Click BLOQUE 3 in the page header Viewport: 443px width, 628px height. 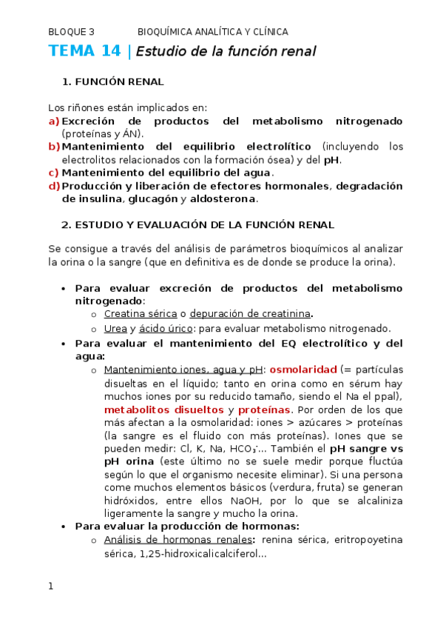click(x=71, y=32)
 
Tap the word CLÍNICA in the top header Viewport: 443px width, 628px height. click(x=270, y=32)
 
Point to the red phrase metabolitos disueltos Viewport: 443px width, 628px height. click(x=163, y=410)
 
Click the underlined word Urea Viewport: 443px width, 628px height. click(x=115, y=329)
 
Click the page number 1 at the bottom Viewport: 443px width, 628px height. click(x=51, y=587)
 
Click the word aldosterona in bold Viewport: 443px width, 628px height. click(x=223, y=199)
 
